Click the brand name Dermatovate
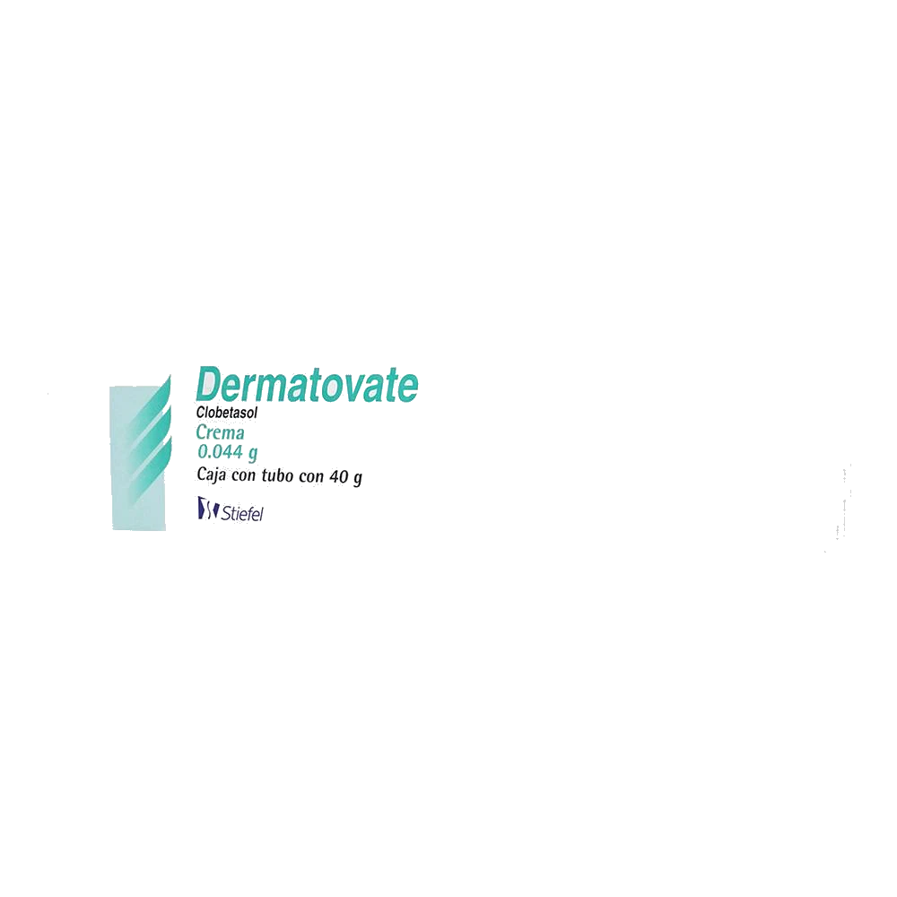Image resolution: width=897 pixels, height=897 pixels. coord(307,384)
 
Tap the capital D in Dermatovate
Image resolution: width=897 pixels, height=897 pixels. coord(209,384)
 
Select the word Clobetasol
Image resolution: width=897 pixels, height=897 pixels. coord(227,413)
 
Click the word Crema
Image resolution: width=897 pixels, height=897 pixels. coord(221,432)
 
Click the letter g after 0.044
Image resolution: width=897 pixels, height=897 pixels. coord(252,454)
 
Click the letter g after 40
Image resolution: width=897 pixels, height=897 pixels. coord(358,479)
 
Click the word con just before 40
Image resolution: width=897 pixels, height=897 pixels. coord(311,477)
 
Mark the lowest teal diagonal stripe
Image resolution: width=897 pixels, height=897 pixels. coord(150,469)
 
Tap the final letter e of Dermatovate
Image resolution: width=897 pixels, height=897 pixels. coord(408,388)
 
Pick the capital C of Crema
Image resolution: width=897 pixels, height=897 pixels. coord(201,431)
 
